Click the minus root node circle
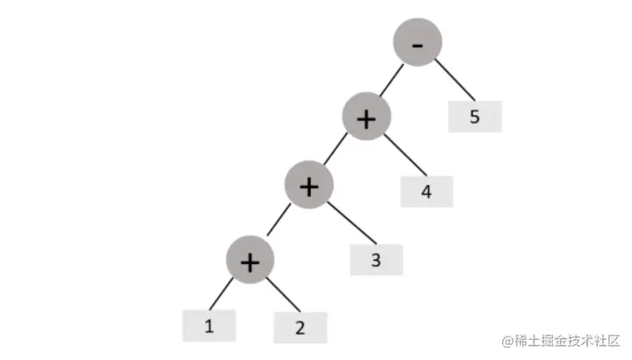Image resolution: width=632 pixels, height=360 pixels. click(417, 45)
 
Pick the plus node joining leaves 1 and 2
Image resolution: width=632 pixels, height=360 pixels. click(250, 260)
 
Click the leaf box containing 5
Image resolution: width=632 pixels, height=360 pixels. click(475, 117)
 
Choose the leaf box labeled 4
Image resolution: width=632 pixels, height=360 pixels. click(427, 191)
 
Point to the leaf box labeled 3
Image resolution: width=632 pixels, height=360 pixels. click(377, 259)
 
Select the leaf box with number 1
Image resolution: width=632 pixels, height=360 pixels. click(209, 326)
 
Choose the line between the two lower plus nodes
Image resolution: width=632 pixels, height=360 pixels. click(278, 223)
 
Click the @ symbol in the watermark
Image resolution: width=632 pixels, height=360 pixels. click(506, 339)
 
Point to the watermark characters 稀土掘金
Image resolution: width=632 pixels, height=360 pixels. click(539, 339)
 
